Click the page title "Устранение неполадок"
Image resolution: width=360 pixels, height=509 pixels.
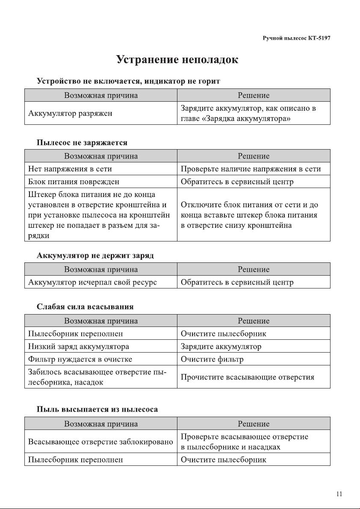point(177,60)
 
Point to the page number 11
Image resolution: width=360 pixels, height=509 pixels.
point(339,494)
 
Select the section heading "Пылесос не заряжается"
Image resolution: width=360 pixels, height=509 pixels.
point(82,142)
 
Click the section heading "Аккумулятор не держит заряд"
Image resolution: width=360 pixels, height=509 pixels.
point(95,256)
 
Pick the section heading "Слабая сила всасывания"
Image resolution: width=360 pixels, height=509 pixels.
point(85,306)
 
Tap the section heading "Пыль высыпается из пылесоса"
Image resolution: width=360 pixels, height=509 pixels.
point(97,409)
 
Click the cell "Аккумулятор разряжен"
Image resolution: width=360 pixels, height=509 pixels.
point(70,114)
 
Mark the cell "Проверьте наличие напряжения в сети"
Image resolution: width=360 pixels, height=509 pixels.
point(251,169)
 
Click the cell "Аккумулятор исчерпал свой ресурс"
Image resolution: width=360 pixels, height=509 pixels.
point(92,282)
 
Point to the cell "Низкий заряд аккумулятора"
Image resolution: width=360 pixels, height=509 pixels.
point(78,346)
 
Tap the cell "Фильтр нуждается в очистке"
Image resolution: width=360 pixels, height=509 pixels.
point(80,359)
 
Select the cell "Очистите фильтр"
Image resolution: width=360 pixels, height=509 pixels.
point(212,359)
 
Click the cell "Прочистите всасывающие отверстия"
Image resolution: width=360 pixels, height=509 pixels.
point(248,377)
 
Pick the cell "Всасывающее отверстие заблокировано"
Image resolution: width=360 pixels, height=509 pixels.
point(100,441)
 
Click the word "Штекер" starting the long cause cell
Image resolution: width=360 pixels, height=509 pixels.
point(39,195)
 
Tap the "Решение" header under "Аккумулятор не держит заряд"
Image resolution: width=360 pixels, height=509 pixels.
point(254,269)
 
